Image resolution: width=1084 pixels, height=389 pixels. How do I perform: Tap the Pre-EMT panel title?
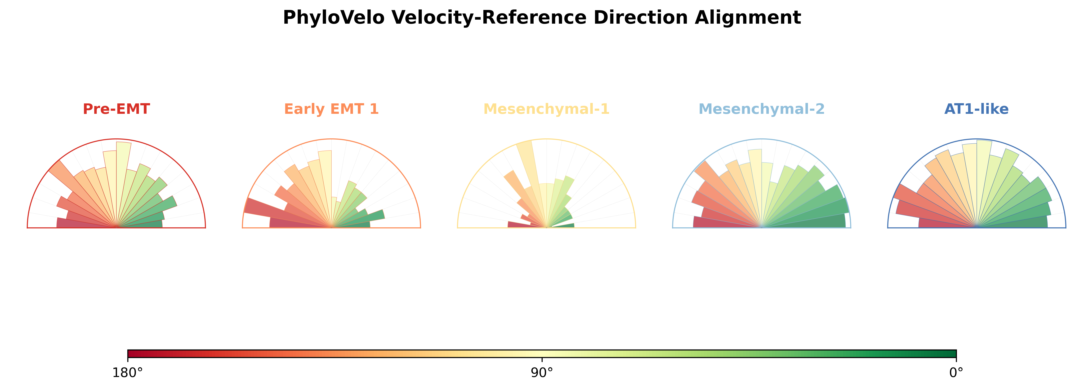pyautogui.click(x=116, y=109)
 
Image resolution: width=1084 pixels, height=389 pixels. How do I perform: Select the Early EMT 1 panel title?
pyautogui.click(x=331, y=109)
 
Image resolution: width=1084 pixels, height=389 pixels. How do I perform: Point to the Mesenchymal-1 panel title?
pyautogui.click(x=546, y=109)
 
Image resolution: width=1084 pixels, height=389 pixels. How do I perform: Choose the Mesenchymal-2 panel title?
pyautogui.click(x=761, y=109)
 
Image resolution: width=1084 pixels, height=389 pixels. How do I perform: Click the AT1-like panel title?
pyautogui.click(x=976, y=109)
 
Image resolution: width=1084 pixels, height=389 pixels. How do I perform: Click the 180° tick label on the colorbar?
pyautogui.click(x=128, y=373)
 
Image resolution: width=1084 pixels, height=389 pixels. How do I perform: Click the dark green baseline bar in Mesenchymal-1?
pyautogui.click(x=566, y=226)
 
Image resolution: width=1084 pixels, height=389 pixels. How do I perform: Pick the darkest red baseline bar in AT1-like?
pyautogui.click(x=934, y=223)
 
